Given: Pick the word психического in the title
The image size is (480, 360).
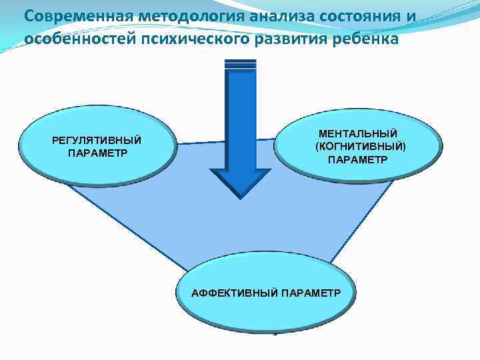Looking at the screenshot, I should pyautogui.click(x=193, y=38).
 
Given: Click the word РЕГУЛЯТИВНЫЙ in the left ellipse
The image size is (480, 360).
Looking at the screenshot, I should pyautogui.click(x=97, y=140).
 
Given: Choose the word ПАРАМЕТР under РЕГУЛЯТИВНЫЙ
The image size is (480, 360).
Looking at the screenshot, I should pyautogui.click(x=97, y=152).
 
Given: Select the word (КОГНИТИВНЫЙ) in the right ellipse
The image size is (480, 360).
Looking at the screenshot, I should pyautogui.click(x=360, y=147).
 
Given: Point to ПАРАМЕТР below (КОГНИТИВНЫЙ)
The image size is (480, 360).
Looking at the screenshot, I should pyautogui.click(x=357, y=160).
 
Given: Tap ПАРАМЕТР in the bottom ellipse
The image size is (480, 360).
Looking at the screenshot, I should pyautogui.click(x=311, y=293).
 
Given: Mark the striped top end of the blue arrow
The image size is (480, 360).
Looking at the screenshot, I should pyautogui.click(x=241, y=65).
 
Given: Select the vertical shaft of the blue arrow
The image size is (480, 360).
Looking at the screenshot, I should pyautogui.click(x=241, y=120).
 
